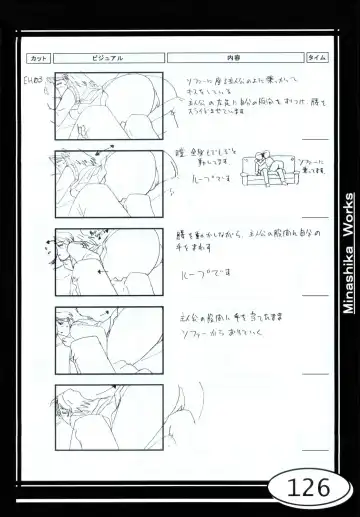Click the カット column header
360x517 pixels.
[39, 58]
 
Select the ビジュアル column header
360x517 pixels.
[108, 58]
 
